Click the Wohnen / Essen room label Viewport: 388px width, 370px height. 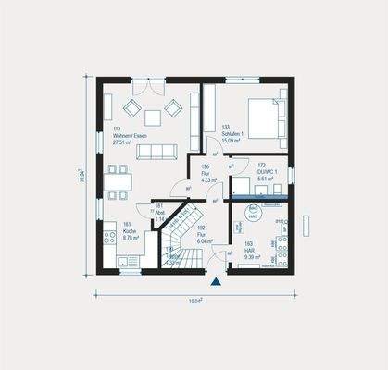pyautogui.click(x=130, y=136)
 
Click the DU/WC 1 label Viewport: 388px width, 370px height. pyautogui.click(x=269, y=174)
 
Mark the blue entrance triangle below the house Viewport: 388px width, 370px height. pyautogui.click(x=215, y=279)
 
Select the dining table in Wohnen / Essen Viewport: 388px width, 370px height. pyautogui.click(x=116, y=181)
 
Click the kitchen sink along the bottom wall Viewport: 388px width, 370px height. pyautogui.click(x=131, y=260)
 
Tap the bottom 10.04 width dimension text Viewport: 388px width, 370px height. pyautogui.click(x=195, y=300)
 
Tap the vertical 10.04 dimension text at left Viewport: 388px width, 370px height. pyautogui.click(x=81, y=175)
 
